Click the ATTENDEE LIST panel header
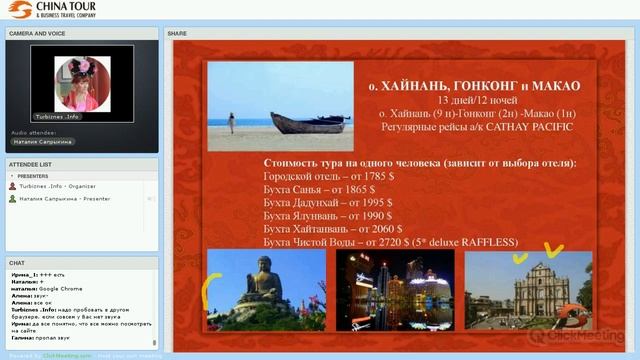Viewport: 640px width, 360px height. [x=31, y=164]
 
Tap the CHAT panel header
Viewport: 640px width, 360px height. [x=17, y=263]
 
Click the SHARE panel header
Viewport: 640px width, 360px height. [x=178, y=33]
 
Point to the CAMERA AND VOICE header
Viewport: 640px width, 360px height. [x=38, y=33]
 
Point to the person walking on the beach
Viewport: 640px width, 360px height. [x=231, y=122]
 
